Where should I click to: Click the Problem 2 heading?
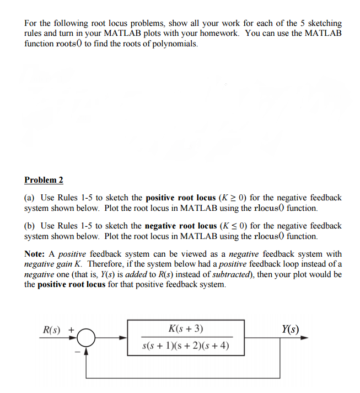click(44, 180)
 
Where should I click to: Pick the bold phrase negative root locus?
click(180, 226)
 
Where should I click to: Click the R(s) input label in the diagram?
click(52, 330)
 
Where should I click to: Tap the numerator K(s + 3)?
click(185, 330)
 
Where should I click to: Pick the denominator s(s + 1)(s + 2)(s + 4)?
click(185, 347)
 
